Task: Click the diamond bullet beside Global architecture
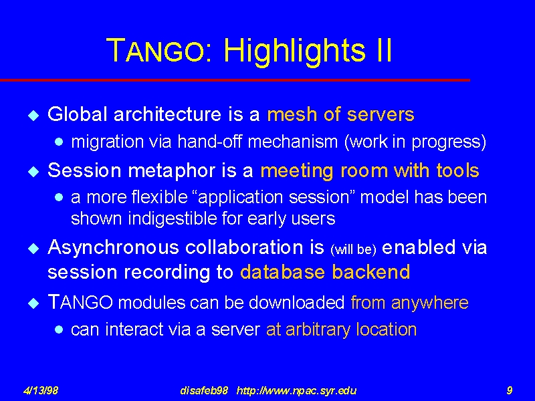(34, 115)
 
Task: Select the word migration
(108, 142)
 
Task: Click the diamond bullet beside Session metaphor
(34, 171)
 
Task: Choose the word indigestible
(172, 219)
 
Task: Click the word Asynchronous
(113, 248)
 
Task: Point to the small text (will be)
(353, 249)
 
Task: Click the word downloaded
(296, 303)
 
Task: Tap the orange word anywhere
(429, 303)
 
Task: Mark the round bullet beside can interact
(59, 329)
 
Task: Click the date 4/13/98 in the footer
(40, 390)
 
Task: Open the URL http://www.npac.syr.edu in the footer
(296, 390)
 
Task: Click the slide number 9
(510, 390)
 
